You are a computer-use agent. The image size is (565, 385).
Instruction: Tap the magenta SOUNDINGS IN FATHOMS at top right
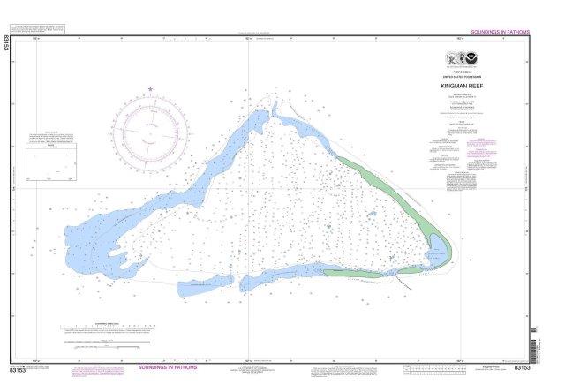[x=500, y=32]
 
